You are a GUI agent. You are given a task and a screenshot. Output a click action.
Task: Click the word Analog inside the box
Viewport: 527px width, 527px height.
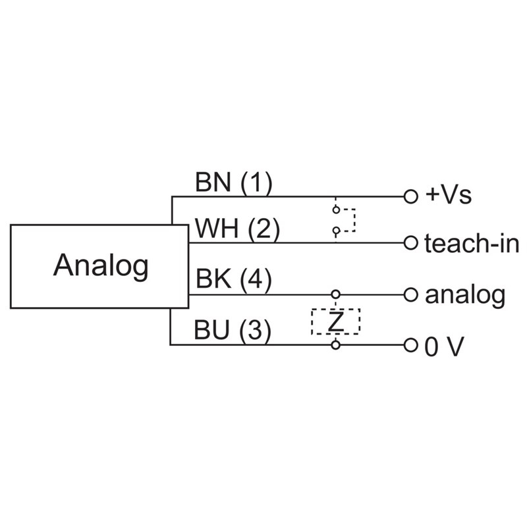[x=101, y=265]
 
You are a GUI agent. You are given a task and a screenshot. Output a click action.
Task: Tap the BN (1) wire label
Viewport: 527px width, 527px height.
[x=233, y=183]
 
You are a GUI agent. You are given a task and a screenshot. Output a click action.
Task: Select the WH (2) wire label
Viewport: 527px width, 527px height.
[x=238, y=230]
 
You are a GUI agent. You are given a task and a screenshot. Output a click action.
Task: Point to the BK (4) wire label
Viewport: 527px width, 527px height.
[x=233, y=281]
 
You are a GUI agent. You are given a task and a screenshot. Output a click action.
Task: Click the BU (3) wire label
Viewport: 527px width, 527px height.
[x=233, y=331]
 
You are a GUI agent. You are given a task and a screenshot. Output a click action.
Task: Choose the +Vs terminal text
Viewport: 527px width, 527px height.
[x=449, y=196]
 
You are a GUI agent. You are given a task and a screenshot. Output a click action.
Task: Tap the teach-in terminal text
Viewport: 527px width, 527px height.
[x=472, y=244]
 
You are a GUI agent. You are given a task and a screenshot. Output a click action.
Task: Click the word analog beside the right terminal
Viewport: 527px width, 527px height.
[x=465, y=294]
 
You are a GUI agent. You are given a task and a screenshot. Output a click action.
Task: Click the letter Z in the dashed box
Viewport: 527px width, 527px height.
[x=336, y=321]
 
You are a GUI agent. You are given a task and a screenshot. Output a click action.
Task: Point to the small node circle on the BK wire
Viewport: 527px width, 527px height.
[x=336, y=294]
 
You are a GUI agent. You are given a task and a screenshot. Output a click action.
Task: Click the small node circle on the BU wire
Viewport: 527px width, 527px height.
[x=336, y=345]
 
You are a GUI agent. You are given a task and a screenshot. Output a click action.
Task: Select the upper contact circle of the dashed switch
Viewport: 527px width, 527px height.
[x=336, y=210]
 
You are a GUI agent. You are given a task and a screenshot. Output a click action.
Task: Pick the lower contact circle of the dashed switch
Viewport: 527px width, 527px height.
[x=336, y=231]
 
